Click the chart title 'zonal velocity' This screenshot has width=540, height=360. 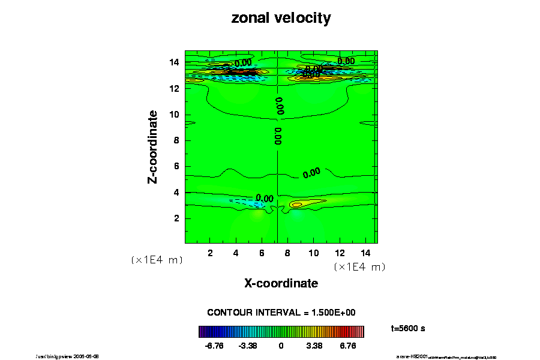coord(281,19)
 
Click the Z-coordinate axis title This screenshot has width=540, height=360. coord(154,146)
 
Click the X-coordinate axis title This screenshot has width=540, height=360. coord(281,283)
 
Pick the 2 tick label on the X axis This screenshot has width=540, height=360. coord(211,253)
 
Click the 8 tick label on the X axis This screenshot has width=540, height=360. coord(288,253)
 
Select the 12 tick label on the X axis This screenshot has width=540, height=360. coord(340,253)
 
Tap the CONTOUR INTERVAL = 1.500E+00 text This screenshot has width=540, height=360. coord(281,313)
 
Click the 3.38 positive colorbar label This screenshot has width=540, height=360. coord(314,346)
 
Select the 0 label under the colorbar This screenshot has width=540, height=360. coord(281,346)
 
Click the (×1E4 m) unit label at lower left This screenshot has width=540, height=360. coord(157,260)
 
